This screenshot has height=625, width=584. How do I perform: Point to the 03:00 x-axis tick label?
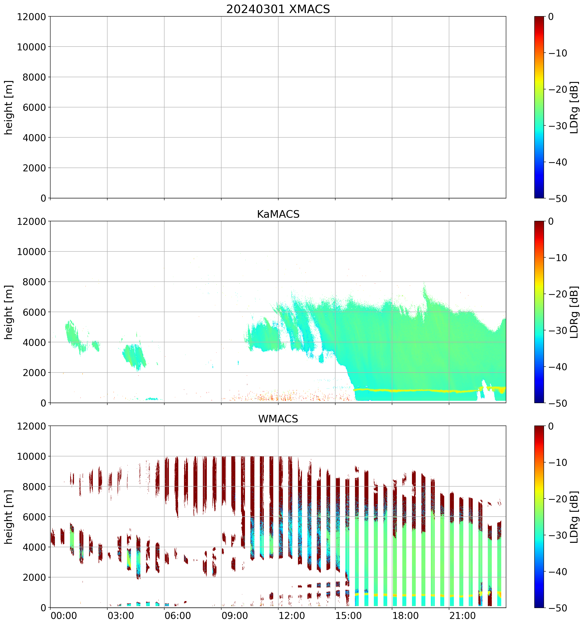click(x=121, y=615)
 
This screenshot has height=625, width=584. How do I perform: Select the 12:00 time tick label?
click(x=291, y=615)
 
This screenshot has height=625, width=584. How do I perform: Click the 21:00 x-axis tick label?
click(x=462, y=615)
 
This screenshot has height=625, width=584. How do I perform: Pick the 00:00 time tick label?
click(x=64, y=615)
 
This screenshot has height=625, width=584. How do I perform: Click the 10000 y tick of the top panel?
click(x=31, y=47)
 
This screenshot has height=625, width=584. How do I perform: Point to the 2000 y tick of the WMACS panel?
click(x=34, y=577)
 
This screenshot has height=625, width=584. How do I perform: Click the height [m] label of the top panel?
click(x=9, y=108)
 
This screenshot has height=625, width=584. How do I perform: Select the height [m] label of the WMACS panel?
click(x=9, y=517)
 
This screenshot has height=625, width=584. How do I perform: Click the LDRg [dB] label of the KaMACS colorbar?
click(x=574, y=312)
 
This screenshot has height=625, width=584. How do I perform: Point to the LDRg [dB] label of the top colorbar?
click(x=574, y=108)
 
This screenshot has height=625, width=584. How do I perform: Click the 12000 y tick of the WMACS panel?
click(x=31, y=426)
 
